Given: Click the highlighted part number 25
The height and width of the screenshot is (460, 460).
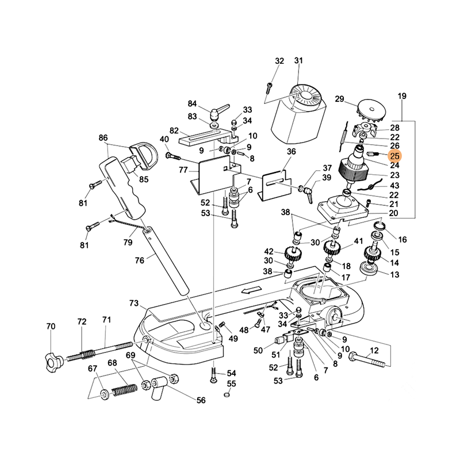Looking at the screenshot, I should click(x=394, y=156).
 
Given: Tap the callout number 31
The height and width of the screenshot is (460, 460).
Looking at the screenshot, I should click(x=298, y=61).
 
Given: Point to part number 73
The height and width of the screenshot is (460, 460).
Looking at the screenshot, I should click(x=134, y=303).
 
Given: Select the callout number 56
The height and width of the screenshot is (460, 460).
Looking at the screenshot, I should click(x=201, y=401).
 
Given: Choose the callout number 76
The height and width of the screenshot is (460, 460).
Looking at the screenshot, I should click(x=139, y=260).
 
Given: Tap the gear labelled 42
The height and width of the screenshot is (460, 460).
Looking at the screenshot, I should click(x=293, y=252).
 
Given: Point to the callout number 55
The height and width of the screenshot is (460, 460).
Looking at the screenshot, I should click(x=231, y=384).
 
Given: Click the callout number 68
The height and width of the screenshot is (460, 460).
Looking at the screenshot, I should click(x=112, y=363).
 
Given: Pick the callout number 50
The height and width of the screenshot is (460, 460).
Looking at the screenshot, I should click(x=258, y=350).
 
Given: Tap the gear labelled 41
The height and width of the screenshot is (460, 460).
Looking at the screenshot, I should click(x=332, y=248).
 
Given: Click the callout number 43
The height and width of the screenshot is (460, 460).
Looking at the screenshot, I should click(x=394, y=186).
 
